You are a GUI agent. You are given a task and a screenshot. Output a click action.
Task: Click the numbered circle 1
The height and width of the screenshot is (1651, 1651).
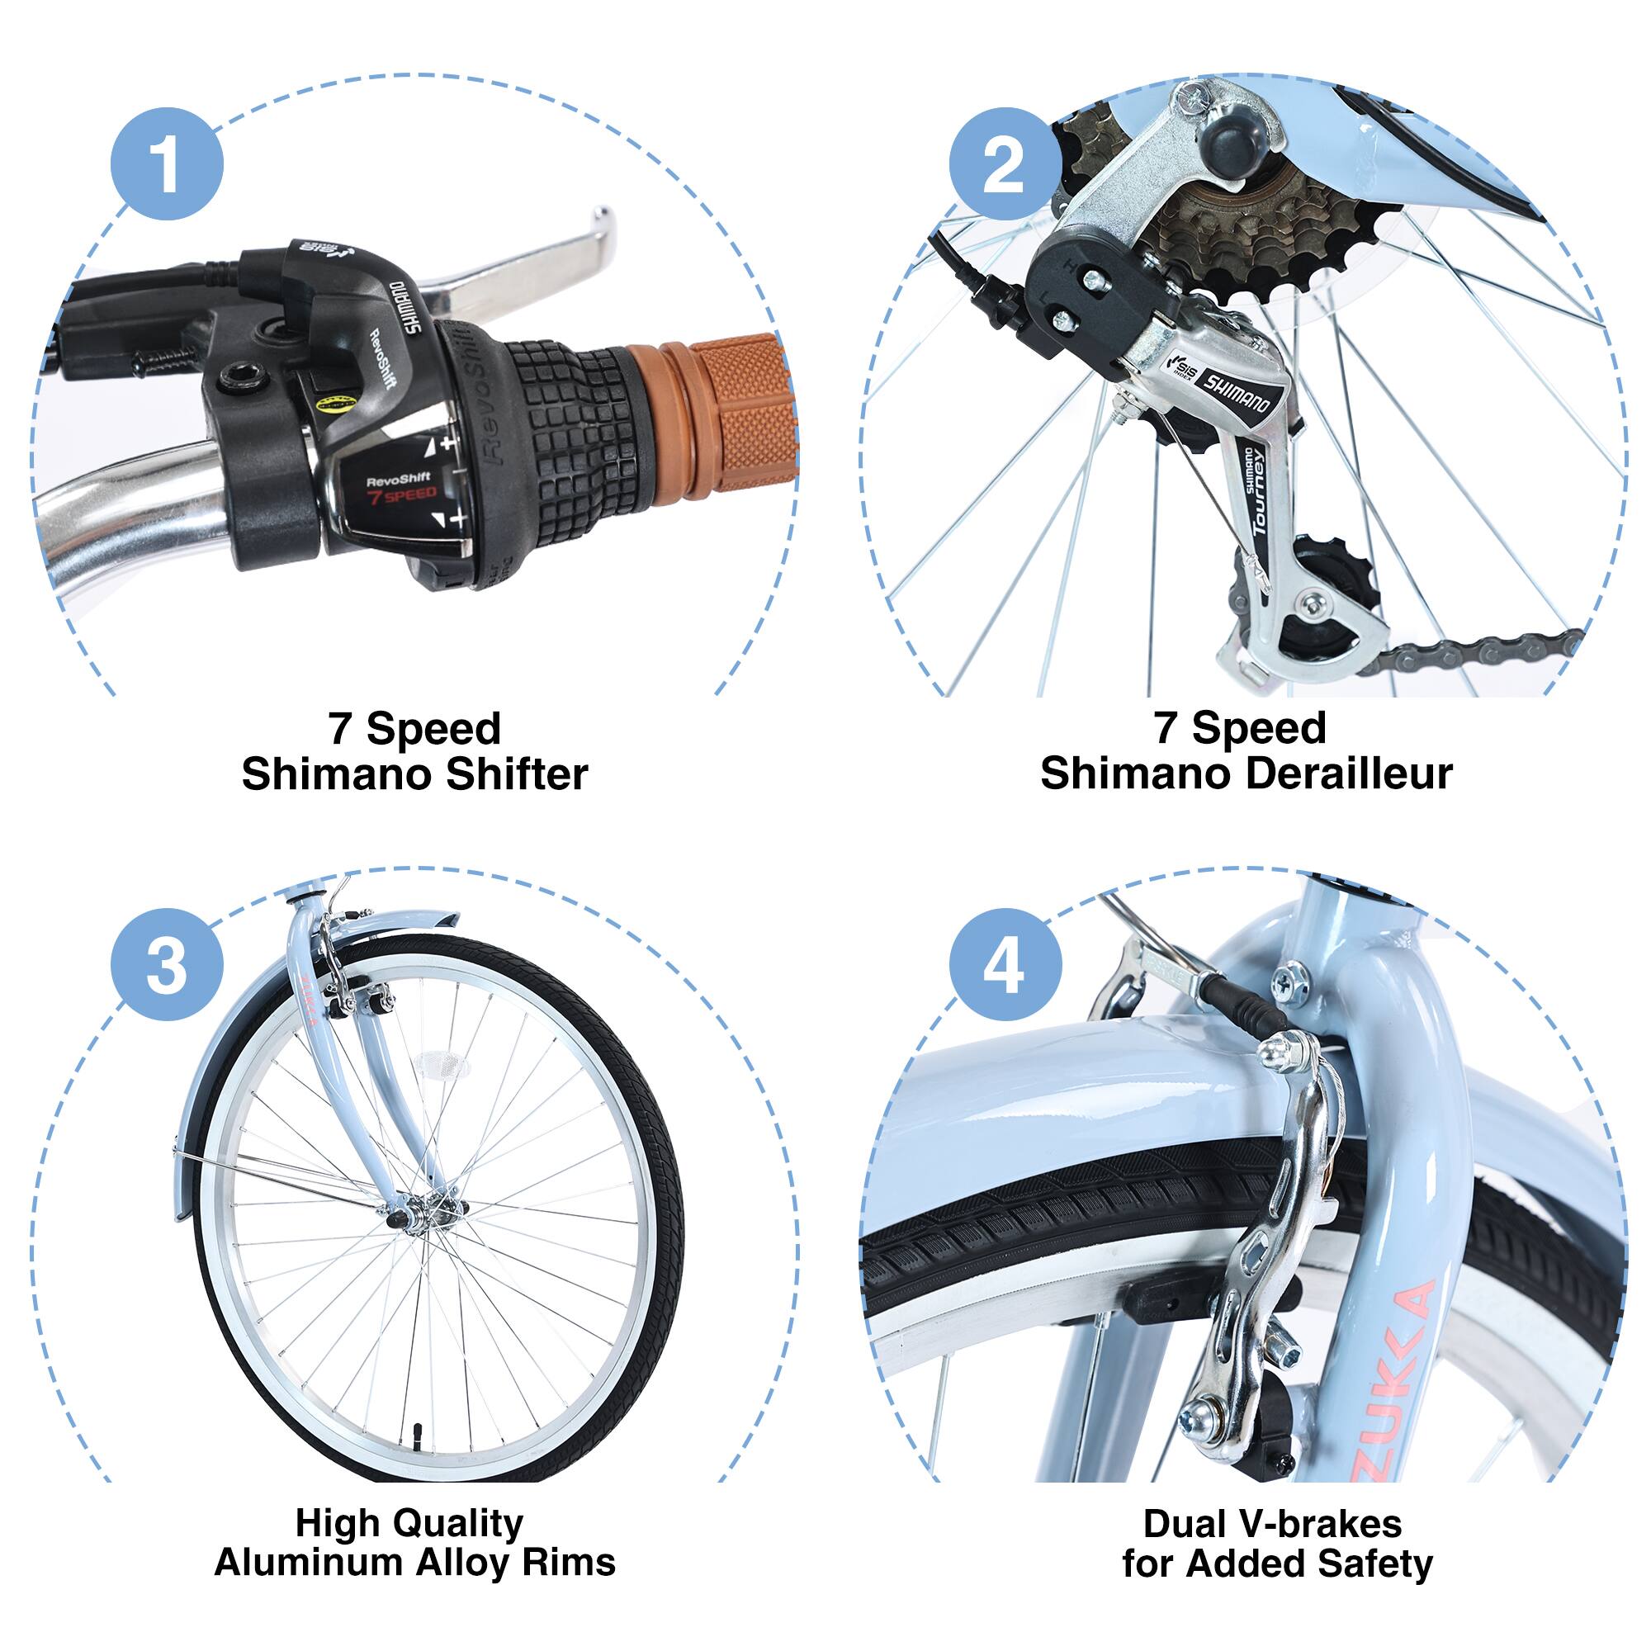pyautogui.click(x=167, y=164)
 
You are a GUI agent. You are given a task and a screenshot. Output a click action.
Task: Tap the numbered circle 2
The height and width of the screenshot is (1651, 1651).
pyautogui.click(x=1004, y=164)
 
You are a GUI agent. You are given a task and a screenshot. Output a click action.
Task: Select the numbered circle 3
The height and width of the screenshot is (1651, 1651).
pyautogui.click(x=167, y=964)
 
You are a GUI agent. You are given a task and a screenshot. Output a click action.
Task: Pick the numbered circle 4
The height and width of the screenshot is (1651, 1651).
pyautogui.click(x=1004, y=964)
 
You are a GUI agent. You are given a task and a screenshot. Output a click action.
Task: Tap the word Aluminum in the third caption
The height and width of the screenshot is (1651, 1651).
pyautogui.click(x=309, y=1562)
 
